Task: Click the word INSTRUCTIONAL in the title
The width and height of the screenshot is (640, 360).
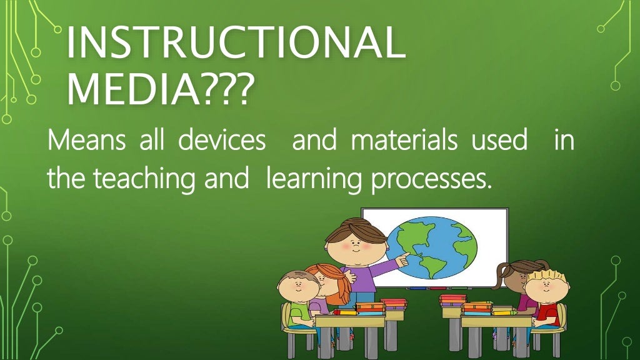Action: [x=234, y=42]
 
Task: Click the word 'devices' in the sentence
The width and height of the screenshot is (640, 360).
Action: [x=221, y=140]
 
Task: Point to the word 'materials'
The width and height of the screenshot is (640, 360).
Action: [x=404, y=140]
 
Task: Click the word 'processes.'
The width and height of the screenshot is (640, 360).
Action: [x=428, y=180]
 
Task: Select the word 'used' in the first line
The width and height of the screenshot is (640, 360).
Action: [x=499, y=140]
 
